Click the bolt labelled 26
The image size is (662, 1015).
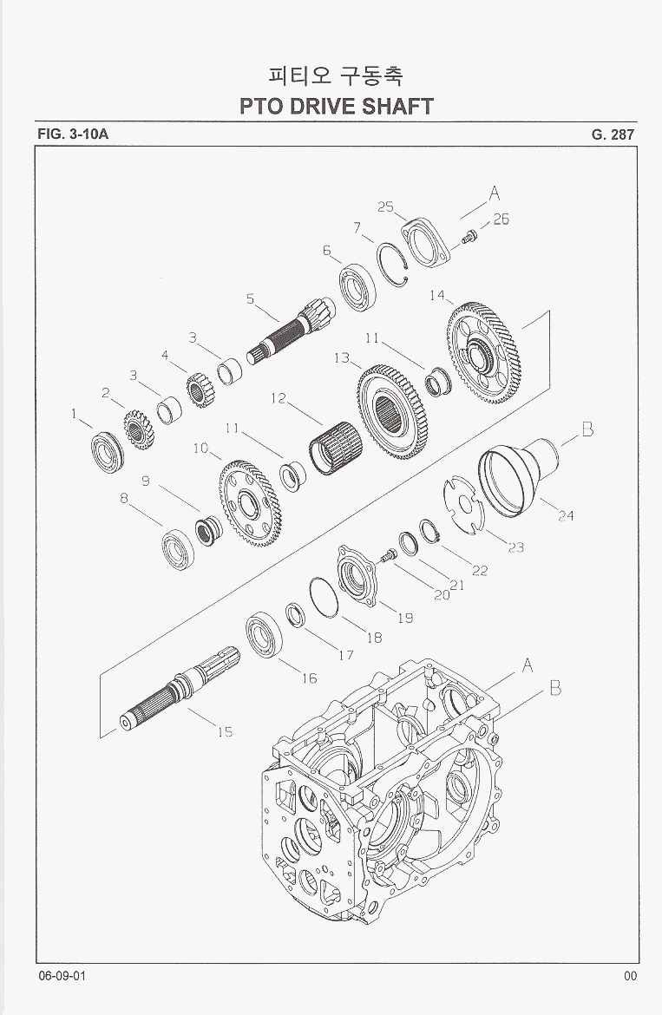[469, 237]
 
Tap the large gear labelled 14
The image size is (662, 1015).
[482, 353]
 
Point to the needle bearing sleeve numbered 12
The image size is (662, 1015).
[335, 448]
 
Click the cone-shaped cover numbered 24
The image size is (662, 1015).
[518, 475]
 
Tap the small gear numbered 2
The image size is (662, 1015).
[139, 429]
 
